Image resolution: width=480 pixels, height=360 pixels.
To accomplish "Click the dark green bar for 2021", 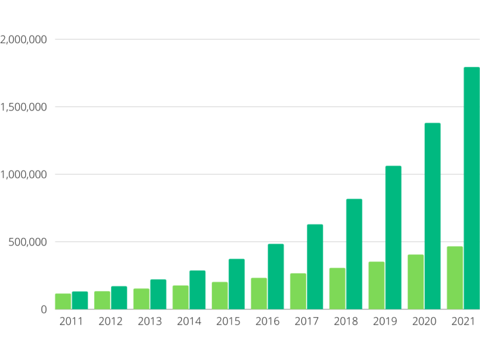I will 472,188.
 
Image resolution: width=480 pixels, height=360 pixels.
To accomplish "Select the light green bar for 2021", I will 455,278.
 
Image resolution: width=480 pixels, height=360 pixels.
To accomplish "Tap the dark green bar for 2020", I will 433,216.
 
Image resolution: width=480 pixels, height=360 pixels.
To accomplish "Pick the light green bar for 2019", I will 376,286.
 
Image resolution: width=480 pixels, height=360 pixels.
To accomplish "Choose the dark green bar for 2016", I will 275,277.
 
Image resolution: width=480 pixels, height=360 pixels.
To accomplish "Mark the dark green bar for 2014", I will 197,290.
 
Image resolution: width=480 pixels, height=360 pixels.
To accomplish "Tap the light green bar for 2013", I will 142,299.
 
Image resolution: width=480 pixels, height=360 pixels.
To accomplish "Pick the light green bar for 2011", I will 63,301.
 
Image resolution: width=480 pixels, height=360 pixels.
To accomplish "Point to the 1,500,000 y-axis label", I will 23,107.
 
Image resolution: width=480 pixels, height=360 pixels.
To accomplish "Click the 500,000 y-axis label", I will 28,242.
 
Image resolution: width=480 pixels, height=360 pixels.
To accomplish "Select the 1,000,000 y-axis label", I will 23,175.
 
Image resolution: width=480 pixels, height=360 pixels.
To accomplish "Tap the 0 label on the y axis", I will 44,310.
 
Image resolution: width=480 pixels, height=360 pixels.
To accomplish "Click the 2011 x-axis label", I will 71,322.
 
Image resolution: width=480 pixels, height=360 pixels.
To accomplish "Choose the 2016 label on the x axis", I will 268,322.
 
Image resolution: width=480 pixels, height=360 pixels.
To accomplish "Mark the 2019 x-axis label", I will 385,322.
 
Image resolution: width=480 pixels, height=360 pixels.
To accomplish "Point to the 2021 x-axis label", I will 463,322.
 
